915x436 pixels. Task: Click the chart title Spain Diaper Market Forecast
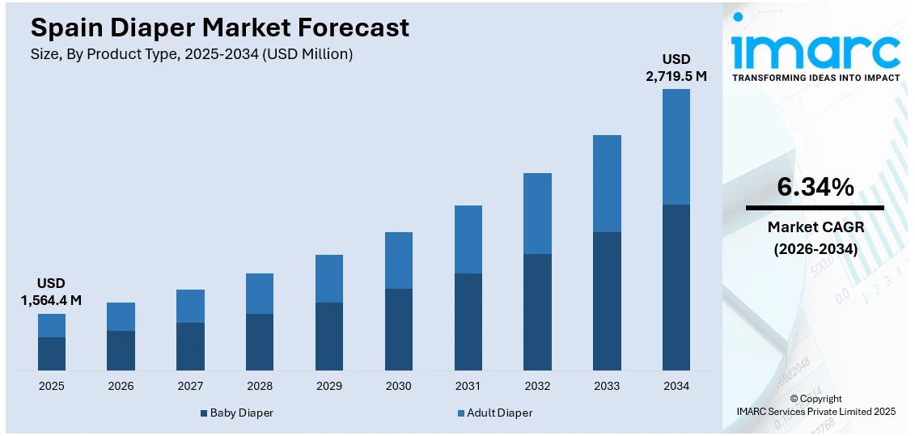(x=219, y=28)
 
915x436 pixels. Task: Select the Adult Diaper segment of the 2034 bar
(x=676, y=146)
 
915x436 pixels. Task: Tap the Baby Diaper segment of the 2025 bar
(x=52, y=353)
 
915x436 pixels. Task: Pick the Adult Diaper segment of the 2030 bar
(x=399, y=260)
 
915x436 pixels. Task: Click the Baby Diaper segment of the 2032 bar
(x=537, y=312)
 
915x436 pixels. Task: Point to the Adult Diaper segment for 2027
(x=190, y=306)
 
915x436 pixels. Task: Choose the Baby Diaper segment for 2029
(x=329, y=337)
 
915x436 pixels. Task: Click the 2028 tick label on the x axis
(x=260, y=386)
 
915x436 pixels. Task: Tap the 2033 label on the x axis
(x=607, y=386)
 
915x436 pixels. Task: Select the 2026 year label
(x=121, y=386)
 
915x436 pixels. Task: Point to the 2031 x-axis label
(x=468, y=386)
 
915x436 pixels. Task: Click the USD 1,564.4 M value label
(x=52, y=291)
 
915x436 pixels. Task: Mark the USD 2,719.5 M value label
(x=676, y=67)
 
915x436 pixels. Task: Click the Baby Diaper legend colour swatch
(x=204, y=413)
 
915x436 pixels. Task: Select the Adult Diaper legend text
(x=501, y=413)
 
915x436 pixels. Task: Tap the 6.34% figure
(x=815, y=188)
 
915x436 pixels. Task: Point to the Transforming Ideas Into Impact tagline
(x=815, y=78)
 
